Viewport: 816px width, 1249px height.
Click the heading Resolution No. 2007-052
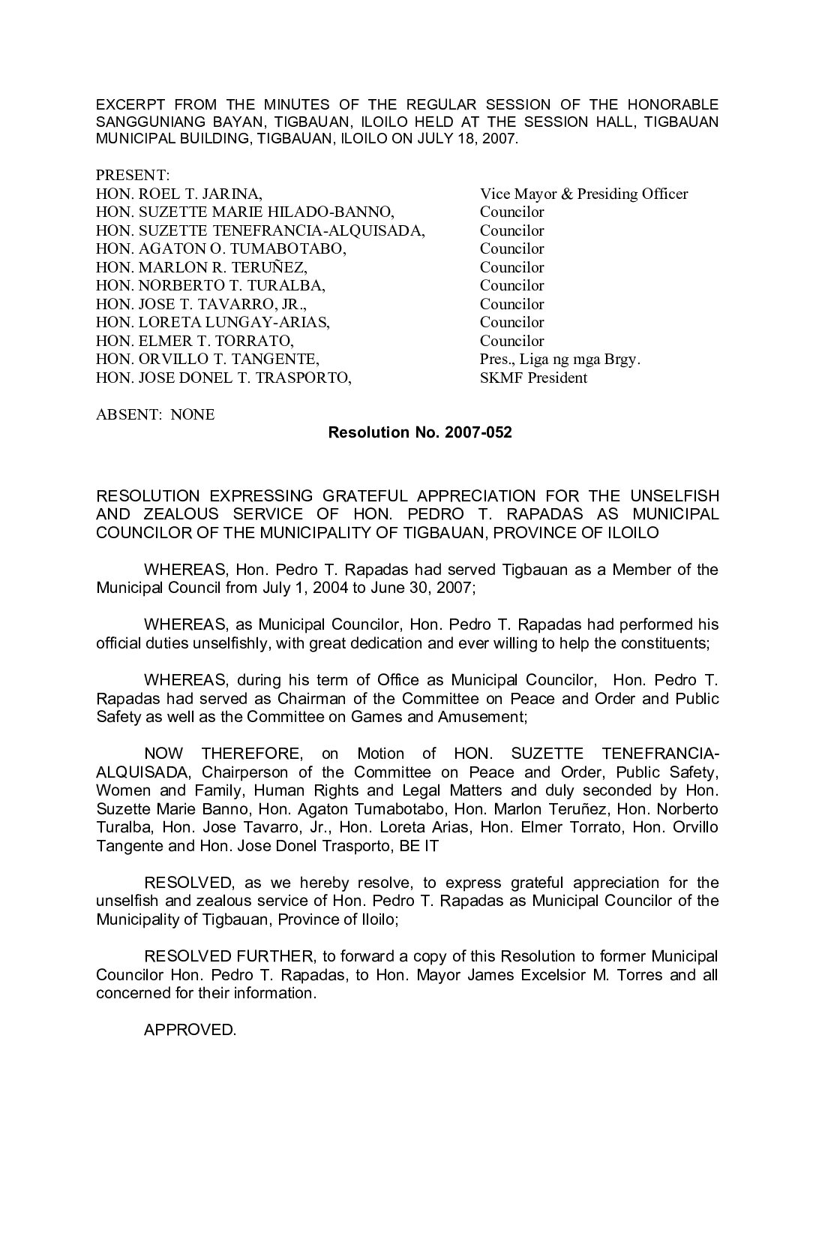(420, 432)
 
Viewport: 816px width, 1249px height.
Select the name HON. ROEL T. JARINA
(178, 194)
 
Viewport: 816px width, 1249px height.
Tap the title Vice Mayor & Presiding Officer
(583, 194)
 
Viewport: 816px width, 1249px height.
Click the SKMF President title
(533, 378)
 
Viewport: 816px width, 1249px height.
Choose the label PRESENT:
(133, 175)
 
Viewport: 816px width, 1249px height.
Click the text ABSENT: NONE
(155, 414)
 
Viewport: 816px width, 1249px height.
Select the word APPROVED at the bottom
(190, 1030)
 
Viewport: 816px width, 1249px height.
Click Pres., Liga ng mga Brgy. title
(560, 359)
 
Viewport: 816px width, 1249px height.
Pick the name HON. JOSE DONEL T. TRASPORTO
(223, 378)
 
